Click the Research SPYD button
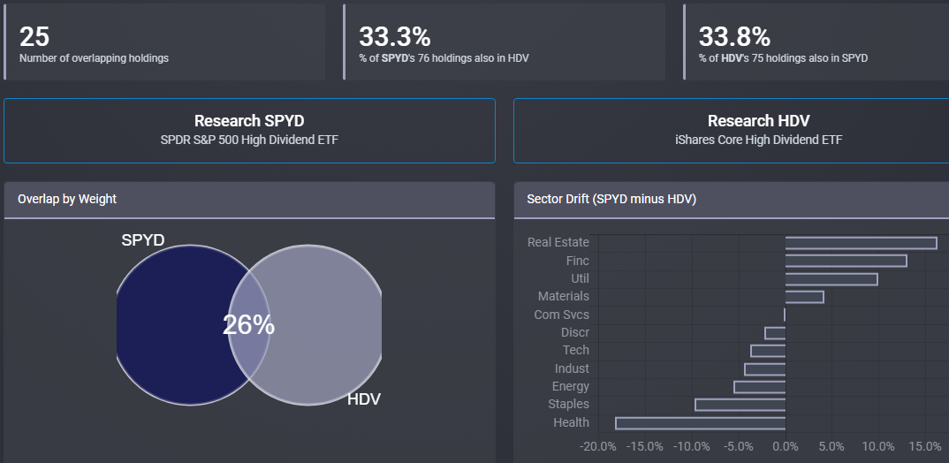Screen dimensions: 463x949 coord(249,130)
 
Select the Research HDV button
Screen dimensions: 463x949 coord(758,130)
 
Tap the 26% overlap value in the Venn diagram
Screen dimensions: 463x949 coord(248,325)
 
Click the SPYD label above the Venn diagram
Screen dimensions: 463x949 coord(143,239)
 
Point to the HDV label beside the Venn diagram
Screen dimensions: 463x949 coord(363,399)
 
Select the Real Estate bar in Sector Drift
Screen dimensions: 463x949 coord(861,243)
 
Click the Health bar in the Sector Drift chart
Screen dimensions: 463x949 coord(700,423)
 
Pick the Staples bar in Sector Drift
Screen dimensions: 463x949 coord(740,405)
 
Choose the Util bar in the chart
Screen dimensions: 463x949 coord(831,279)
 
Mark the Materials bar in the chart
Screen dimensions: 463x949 coord(804,297)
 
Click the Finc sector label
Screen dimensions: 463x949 coord(577,261)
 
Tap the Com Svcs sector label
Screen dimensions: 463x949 coord(561,315)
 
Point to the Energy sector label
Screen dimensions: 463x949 coord(570,386)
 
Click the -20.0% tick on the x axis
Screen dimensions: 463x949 coord(599,445)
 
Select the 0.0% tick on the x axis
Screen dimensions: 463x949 coord(785,445)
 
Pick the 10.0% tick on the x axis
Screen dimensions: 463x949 coord(877,445)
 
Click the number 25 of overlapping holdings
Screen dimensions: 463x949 coord(34,36)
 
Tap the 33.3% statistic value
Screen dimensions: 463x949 coord(394,36)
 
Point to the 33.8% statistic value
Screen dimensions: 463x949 coord(734,36)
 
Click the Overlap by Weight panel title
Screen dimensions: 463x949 coord(67,199)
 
